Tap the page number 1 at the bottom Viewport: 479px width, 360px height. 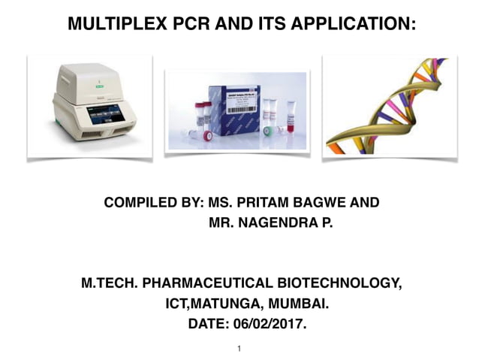[239, 349]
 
